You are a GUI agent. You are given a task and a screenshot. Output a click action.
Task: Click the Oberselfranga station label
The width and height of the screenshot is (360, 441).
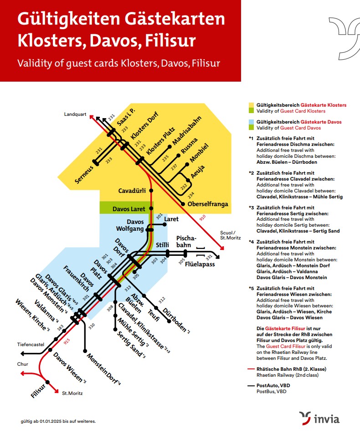point(208,204)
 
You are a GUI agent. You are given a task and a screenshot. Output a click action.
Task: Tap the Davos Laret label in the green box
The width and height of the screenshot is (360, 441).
point(129,209)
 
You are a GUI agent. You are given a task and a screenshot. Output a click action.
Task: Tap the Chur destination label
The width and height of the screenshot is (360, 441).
point(23,364)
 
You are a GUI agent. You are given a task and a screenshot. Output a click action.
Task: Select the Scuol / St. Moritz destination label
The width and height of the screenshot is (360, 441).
point(229,234)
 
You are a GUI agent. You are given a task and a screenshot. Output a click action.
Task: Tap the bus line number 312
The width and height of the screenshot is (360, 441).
point(161,301)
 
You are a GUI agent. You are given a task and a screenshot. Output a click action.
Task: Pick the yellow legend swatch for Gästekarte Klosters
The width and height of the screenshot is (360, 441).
point(251,105)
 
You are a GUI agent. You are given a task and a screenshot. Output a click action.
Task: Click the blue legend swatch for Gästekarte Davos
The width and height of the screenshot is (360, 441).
point(251,122)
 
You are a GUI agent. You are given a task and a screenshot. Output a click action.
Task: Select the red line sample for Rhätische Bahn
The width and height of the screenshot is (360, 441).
point(251,369)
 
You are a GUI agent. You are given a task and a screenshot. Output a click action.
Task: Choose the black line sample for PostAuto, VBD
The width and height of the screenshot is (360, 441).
point(251,385)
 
